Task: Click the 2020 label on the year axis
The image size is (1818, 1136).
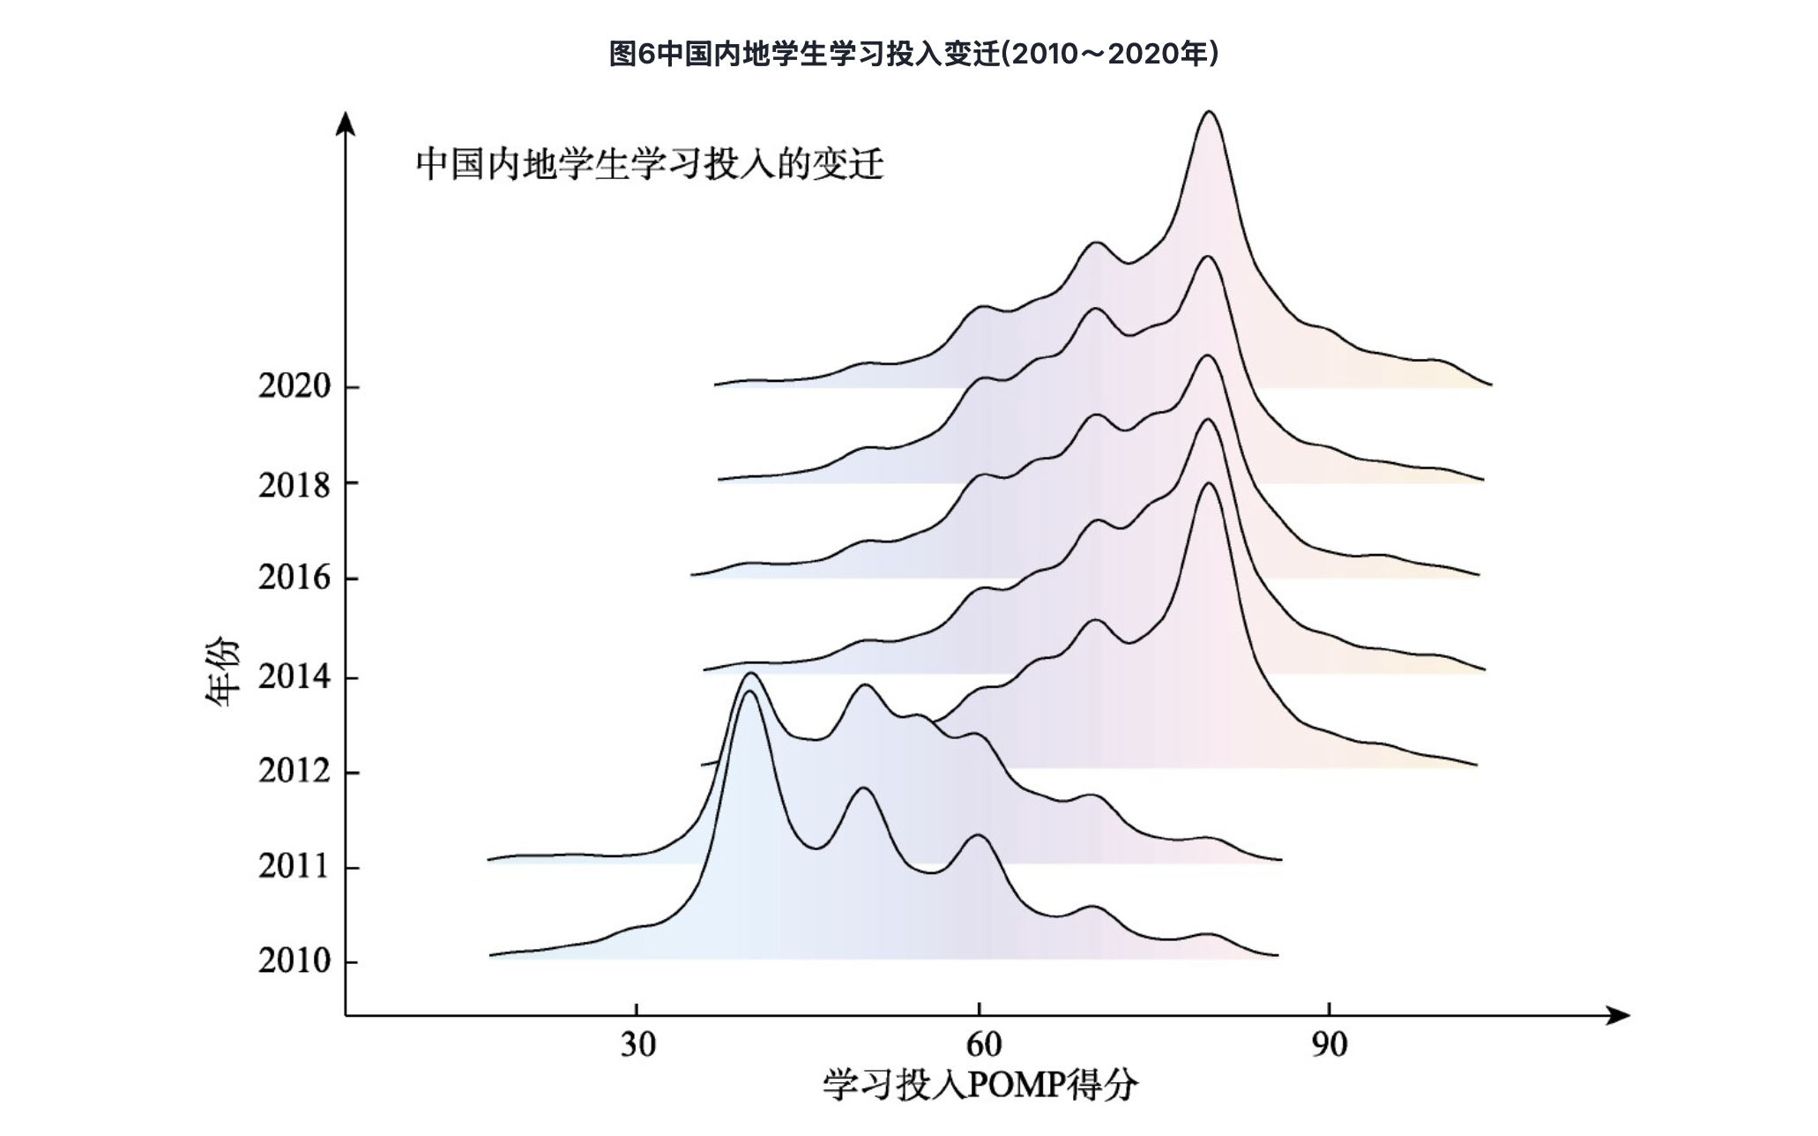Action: click(x=294, y=386)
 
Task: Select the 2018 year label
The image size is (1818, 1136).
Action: click(x=294, y=484)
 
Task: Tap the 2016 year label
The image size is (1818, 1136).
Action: click(x=294, y=579)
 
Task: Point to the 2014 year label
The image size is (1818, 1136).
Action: click(x=294, y=677)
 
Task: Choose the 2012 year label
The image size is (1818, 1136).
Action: click(x=294, y=772)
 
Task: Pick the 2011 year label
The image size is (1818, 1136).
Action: click(x=294, y=867)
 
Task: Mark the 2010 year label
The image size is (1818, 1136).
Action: click(x=294, y=961)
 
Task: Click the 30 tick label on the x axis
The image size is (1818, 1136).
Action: click(x=637, y=1045)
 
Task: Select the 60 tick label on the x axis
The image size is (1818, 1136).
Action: click(x=983, y=1045)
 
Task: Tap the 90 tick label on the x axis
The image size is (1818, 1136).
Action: click(x=1329, y=1045)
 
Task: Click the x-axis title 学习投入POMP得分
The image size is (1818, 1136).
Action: click(x=980, y=1086)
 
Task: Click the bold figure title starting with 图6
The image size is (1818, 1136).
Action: click(x=913, y=54)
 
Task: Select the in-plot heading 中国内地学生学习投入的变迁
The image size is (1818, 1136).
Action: click(x=650, y=165)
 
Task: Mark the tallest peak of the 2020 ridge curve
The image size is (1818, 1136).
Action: click(x=1210, y=112)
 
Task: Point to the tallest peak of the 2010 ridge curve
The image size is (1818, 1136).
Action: click(x=749, y=692)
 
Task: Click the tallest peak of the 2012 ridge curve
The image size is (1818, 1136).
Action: click(x=1209, y=483)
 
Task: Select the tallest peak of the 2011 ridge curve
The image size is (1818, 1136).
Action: click(x=750, y=674)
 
